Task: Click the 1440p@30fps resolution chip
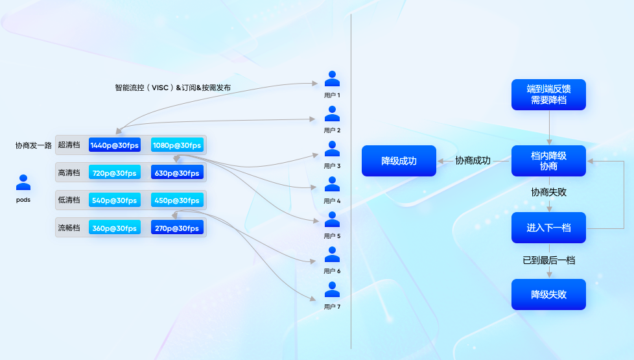pyautogui.click(x=114, y=145)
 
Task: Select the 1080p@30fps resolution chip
pyautogui.click(x=177, y=145)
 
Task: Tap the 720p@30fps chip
pyautogui.click(x=114, y=173)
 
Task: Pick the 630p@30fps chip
pyautogui.click(x=177, y=173)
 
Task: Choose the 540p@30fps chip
pyautogui.click(x=114, y=200)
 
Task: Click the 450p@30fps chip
pyautogui.click(x=177, y=200)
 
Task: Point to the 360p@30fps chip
pyautogui.click(x=114, y=228)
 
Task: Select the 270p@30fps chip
pyautogui.click(x=177, y=228)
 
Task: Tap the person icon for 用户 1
pyautogui.click(x=332, y=79)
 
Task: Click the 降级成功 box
pyautogui.click(x=399, y=161)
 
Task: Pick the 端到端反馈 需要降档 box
pyautogui.click(x=548, y=95)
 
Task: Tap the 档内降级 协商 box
pyautogui.click(x=548, y=161)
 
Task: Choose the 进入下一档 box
pyautogui.click(x=548, y=228)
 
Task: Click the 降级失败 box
pyautogui.click(x=548, y=294)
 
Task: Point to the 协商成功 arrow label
pyautogui.click(x=473, y=161)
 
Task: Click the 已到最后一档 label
pyautogui.click(x=548, y=260)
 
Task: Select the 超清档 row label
pyautogui.click(x=69, y=145)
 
